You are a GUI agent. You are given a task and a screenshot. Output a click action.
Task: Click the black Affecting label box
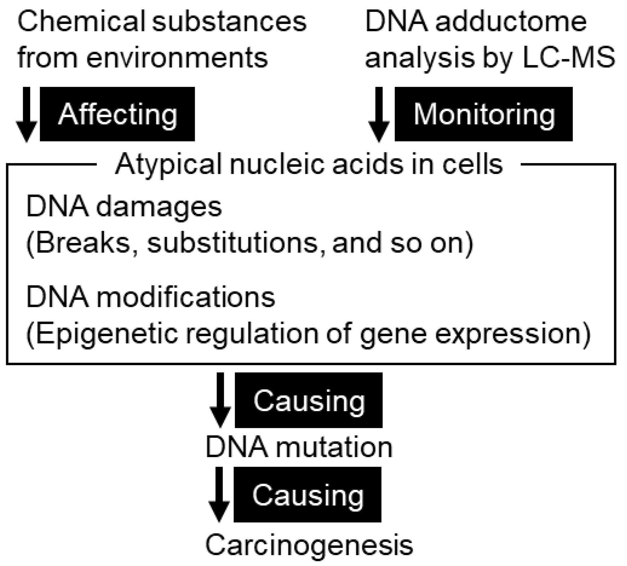(117, 114)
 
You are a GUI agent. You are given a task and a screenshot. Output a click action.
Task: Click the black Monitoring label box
(483, 114)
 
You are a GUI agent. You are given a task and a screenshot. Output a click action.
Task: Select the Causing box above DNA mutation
(309, 400)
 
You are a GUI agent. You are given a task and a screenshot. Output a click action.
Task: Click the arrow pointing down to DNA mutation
(220, 400)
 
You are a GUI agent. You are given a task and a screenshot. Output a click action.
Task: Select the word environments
(177, 57)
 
